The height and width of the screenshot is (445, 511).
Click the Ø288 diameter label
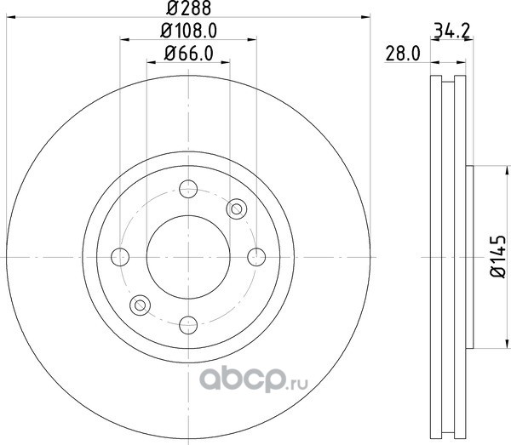point(189,8)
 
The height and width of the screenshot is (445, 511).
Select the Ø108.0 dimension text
point(189,31)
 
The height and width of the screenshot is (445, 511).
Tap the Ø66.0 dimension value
point(189,54)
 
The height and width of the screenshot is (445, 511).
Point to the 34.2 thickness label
point(452,31)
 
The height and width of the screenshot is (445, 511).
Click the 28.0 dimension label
point(403,54)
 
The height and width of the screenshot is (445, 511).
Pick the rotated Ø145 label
point(498,256)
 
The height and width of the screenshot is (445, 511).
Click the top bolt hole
point(188,189)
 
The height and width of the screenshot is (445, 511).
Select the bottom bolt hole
point(188,325)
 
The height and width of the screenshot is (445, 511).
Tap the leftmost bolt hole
point(120,257)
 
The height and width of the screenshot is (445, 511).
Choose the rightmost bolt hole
point(256,257)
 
